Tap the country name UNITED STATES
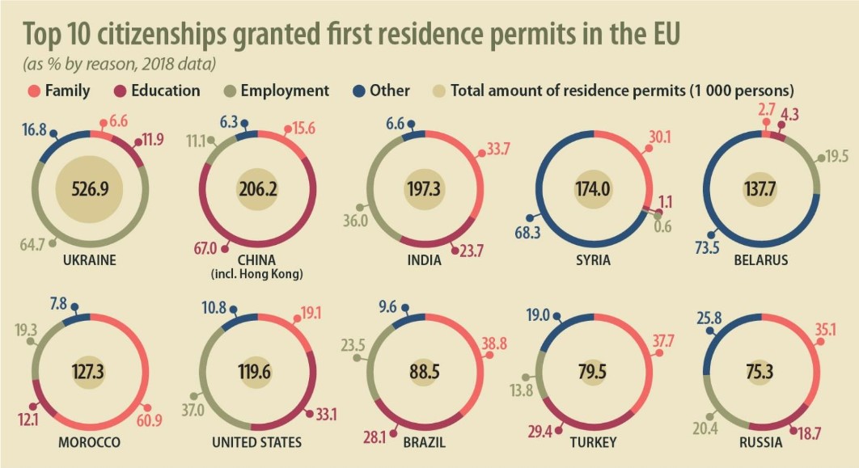point(256,442)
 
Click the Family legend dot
point(34,91)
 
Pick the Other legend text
point(392,91)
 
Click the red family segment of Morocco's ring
point(146,372)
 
